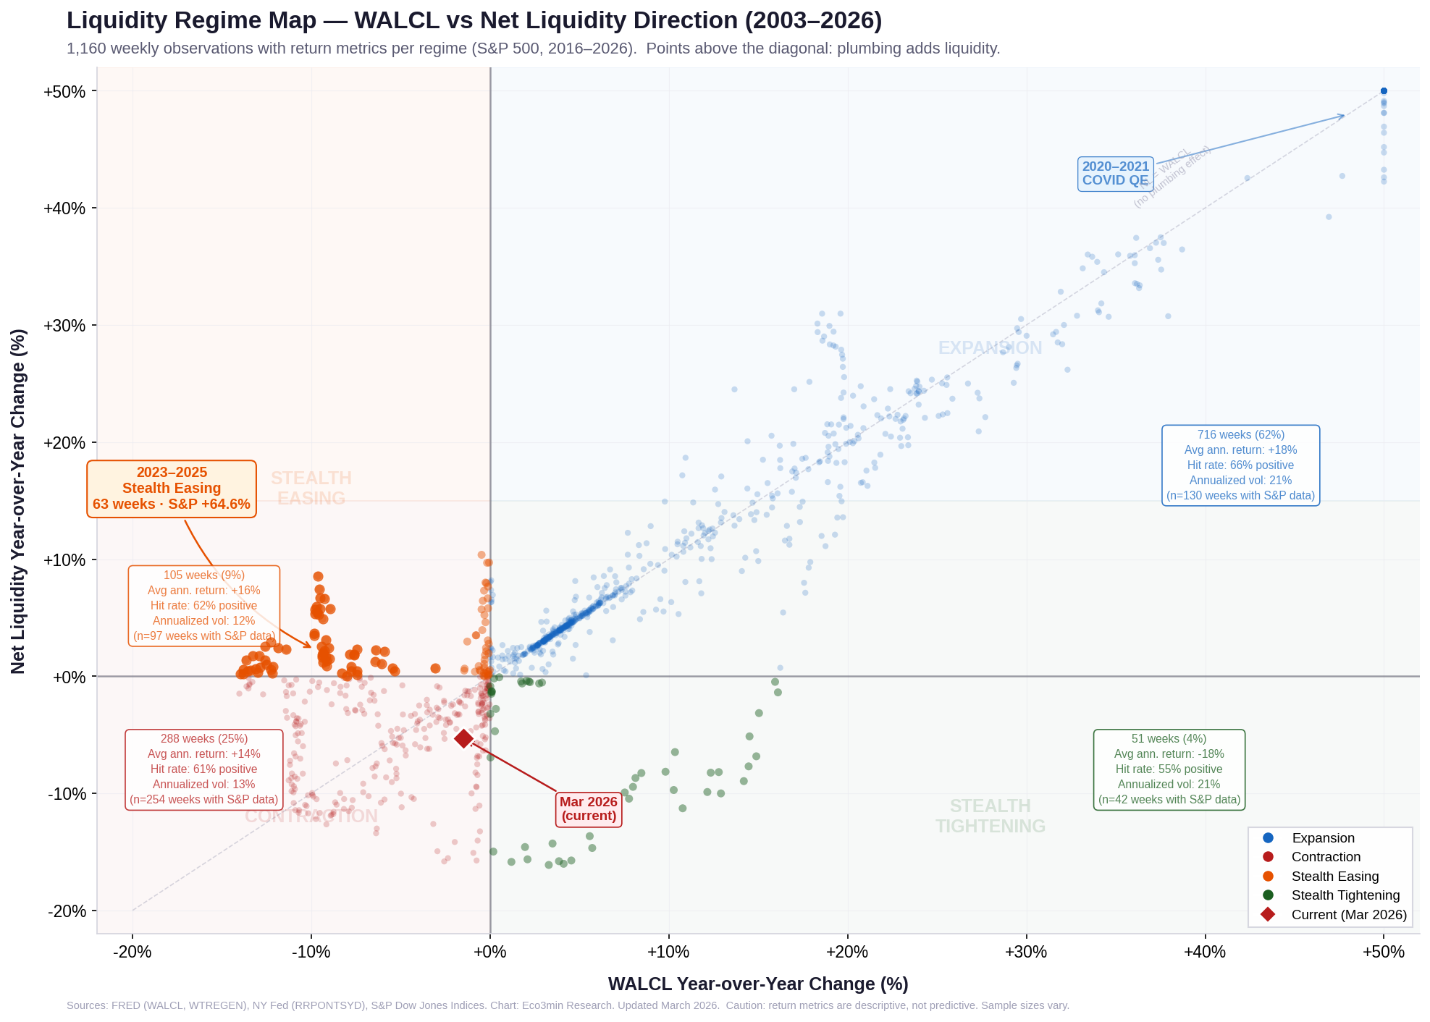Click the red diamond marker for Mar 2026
click(x=463, y=738)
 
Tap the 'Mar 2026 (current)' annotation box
click(x=589, y=809)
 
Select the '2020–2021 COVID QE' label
click(x=1115, y=174)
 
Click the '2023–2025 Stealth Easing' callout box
click(x=172, y=489)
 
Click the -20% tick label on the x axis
click(x=133, y=952)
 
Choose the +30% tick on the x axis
click(x=1026, y=952)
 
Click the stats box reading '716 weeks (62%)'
click(x=1240, y=465)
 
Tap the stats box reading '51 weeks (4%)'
click(x=1169, y=769)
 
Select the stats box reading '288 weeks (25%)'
click(x=204, y=769)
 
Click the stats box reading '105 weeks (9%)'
click(x=204, y=606)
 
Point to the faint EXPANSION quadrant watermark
click(x=990, y=348)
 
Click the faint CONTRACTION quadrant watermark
click(x=311, y=816)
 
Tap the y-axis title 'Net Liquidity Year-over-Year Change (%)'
click(x=19, y=501)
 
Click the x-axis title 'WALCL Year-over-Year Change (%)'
click(x=757, y=984)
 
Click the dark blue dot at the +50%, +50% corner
click(x=1384, y=91)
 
